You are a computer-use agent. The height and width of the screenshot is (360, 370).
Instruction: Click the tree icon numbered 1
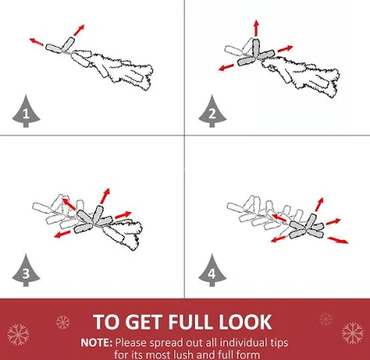coord(26,112)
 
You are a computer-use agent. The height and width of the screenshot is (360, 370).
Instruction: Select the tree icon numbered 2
coord(212,112)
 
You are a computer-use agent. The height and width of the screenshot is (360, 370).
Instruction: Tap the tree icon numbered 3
coord(26,271)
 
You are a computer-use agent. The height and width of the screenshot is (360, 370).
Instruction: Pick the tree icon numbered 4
coord(212,271)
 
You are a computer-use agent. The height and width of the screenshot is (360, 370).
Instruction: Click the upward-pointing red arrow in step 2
coord(257,28)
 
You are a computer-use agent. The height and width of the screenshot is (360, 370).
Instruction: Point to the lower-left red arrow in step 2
coord(226,67)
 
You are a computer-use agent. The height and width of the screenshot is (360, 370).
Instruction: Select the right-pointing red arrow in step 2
coord(285,48)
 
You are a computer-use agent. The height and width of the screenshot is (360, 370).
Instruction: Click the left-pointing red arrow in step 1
coord(36,42)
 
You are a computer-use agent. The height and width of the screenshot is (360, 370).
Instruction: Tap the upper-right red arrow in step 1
coord(79,30)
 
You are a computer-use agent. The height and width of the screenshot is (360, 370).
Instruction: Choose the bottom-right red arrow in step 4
coord(338,240)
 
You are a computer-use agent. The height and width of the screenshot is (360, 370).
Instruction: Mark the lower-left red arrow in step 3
coord(62,234)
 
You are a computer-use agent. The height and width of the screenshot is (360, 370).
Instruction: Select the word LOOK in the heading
coord(245,322)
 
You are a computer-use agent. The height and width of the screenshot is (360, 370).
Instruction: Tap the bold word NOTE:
coord(96,343)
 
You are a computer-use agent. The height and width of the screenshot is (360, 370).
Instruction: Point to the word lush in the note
coord(186,354)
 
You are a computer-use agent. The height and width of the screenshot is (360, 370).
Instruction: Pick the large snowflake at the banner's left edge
coord(18,335)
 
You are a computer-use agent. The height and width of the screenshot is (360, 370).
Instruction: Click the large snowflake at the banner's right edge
coord(353,333)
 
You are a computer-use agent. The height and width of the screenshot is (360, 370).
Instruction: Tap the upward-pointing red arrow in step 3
coord(105,196)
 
